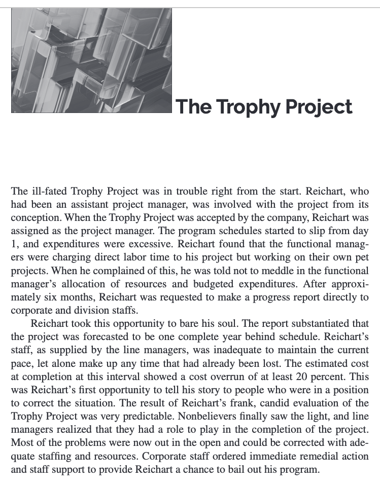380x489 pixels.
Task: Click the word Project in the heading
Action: click(x=318, y=107)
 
